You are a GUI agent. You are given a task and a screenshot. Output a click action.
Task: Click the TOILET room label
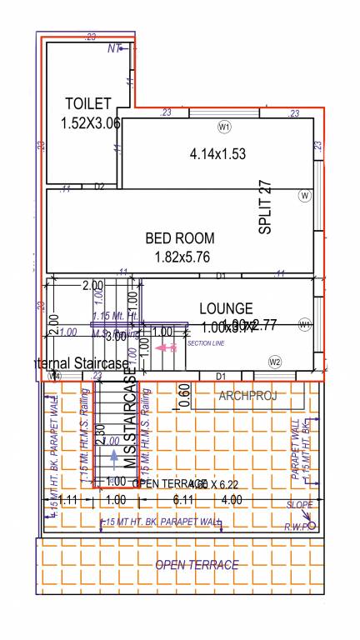(87, 103)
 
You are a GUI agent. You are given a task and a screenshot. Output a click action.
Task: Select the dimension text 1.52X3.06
(91, 122)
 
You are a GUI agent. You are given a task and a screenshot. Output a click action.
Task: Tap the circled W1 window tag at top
(223, 127)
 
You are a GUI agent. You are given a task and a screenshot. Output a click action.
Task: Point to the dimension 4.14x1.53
(217, 153)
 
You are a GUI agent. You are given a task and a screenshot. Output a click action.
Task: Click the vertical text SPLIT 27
(266, 207)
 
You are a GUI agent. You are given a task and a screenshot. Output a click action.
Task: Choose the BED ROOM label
(179, 237)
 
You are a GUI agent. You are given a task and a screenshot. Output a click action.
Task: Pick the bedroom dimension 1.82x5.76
(185, 257)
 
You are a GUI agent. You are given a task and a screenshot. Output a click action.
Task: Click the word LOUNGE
(226, 309)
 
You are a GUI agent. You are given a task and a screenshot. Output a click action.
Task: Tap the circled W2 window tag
(275, 362)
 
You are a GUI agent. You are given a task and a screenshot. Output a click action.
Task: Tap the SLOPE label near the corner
(300, 505)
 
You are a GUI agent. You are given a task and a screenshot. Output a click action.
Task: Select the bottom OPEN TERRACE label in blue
(197, 565)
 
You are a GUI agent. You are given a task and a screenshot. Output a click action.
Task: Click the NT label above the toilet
(114, 48)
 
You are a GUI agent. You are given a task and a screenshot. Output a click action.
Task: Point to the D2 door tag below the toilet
(99, 187)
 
